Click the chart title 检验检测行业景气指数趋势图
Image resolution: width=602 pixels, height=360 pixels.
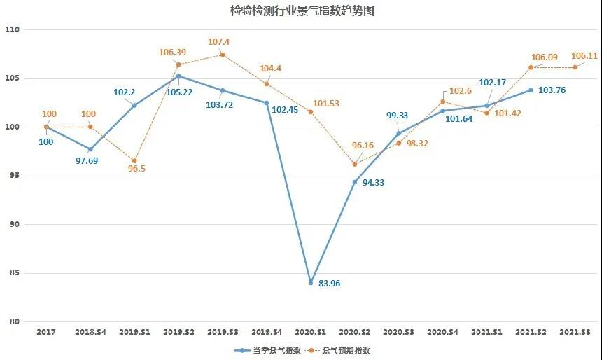pos(300,11)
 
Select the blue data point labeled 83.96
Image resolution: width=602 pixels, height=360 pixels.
pos(310,283)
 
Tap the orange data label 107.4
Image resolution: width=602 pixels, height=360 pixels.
pos(218,42)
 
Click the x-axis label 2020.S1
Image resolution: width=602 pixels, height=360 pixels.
pos(310,331)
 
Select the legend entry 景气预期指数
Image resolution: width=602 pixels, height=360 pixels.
pos(344,350)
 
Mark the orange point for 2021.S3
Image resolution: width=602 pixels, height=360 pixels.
pos(575,67)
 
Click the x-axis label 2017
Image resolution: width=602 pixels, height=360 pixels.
pos(46,331)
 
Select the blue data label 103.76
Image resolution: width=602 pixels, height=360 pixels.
pos(552,90)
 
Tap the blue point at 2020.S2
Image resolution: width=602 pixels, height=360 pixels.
pos(354,182)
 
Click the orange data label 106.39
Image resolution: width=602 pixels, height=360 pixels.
pos(173,53)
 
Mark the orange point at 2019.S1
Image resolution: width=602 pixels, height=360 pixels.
pos(134,161)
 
